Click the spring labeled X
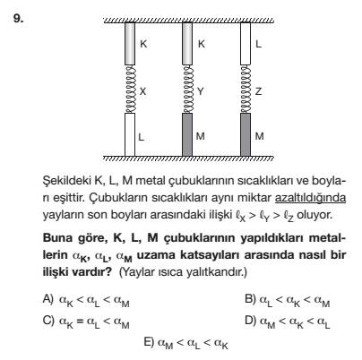(x=130, y=89)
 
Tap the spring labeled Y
(x=187, y=89)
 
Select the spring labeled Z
(x=246, y=89)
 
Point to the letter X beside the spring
(x=143, y=91)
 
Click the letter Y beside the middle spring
(x=201, y=91)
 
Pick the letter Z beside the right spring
(x=258, y=91)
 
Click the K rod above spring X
(x=130, y=44)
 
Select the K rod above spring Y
(x=187, y=44)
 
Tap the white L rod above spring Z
(x=246, y=44)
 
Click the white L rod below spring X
(x=130, y=134)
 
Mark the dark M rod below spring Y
(x=187, y=134)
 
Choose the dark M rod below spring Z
(x=246, y=134)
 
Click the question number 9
(x=18, y=19)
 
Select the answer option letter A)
(x=48, y=298)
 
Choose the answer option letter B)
(x=250, y=298)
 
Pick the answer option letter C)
(x=48, y=321)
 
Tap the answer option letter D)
(x=251, y=321)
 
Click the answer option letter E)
(x=149, y=341)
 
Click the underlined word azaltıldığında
(x=310, y=198)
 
